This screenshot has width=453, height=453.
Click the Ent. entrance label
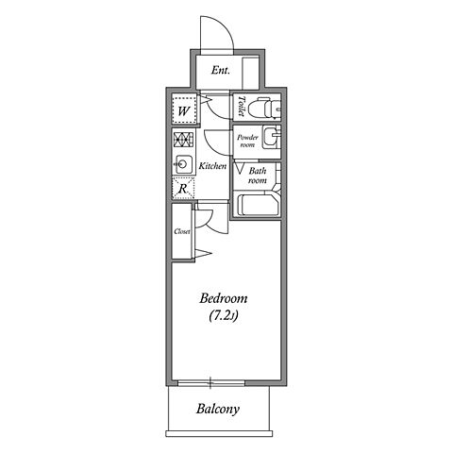220,70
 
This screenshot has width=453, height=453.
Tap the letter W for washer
184,111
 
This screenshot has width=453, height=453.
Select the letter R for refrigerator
182,189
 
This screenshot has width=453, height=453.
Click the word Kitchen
212,166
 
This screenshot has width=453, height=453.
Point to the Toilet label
242,107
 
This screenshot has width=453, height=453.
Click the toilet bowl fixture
263,109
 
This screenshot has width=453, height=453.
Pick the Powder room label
247,141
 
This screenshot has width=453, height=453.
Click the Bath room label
257,176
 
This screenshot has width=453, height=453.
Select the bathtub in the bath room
258,205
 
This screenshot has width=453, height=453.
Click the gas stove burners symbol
183,140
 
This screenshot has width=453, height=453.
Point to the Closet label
182,231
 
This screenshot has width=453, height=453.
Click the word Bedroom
224,298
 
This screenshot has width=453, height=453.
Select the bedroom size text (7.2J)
224,316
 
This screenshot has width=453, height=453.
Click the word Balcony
218,409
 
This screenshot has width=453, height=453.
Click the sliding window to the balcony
211,383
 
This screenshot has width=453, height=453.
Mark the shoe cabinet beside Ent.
251,73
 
